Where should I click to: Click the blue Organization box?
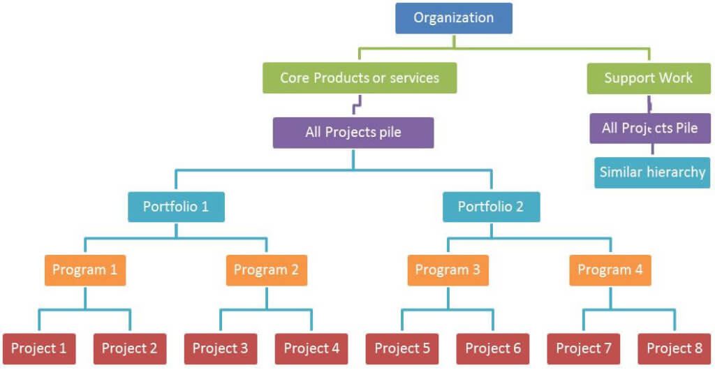[x=453, y=18]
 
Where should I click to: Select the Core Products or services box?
[x=360, y=78]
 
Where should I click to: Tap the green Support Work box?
[x=649, y=78]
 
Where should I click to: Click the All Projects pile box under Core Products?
[x=353, y=132]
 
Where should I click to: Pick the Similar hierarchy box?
[x=651, y=172]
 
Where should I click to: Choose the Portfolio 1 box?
[x=176, y=207]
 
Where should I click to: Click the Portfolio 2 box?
[x=491, y=207]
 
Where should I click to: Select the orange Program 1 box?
[x=85, y=270]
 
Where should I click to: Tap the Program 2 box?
[x=266, y=270]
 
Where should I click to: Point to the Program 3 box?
[x=448, y=270]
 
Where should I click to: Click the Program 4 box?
[x=610, y=270]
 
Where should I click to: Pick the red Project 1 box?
[x=39, y=348]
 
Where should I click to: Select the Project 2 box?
[x=130, y=348]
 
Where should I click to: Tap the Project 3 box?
[x=221, y=348]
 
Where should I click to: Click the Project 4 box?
[x=311, y=348]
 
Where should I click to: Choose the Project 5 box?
[x=402, y=348]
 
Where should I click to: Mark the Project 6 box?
[x=493, y=348]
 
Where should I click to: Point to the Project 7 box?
[x=584, y=348]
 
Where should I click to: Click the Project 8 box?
[x=675, y=348]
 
